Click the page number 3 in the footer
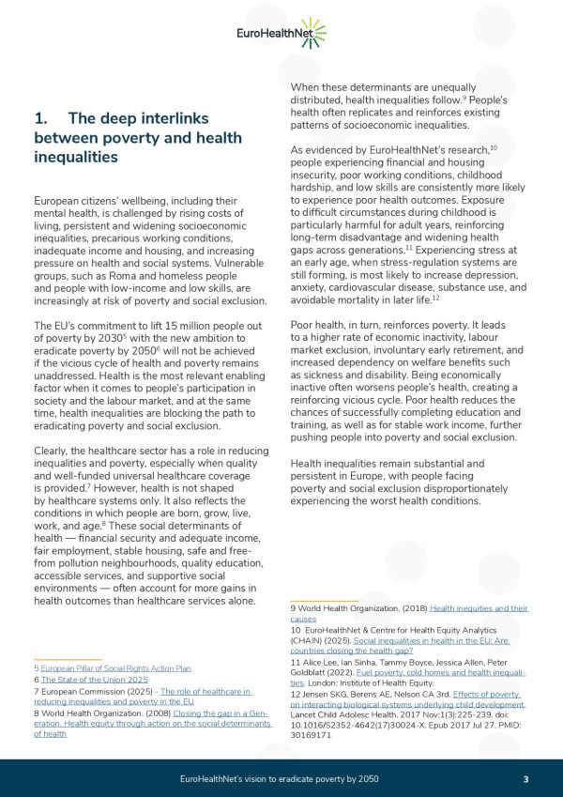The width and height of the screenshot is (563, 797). pyautogui.click(x=526, y=779)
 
